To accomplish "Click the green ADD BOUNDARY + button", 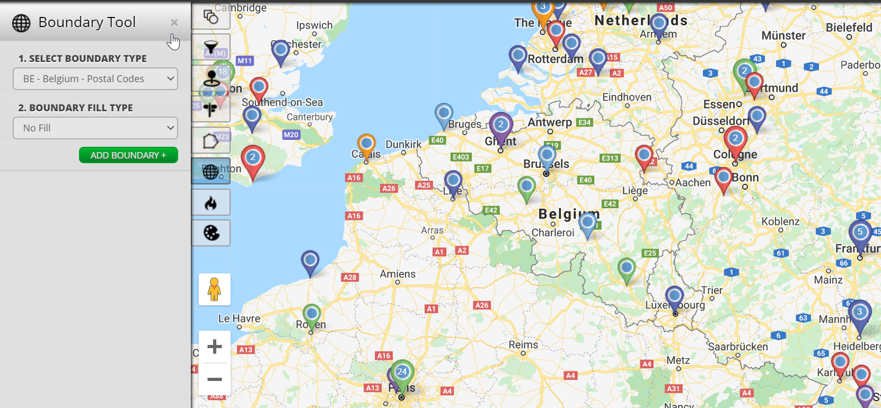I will pos(128,155).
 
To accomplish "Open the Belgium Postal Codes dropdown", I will pos(95,79).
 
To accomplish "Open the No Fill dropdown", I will pos(95,128).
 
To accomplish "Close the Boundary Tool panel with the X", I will pos(174,22).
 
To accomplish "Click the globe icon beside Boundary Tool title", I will pos(21,23).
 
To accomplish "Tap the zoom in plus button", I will pos(214,347).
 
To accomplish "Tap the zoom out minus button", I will pos(214,379).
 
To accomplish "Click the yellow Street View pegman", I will pos(214,289).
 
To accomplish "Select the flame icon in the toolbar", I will pos(211,202).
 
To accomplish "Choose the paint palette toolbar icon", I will pos(211,233).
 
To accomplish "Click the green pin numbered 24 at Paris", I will pos(402,373).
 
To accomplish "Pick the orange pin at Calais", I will pos(366,145).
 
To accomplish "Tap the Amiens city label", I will pos(398,274).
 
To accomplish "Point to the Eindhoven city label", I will pos(627,97).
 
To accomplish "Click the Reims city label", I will pos(523,344).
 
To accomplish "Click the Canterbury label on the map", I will pos(310,117).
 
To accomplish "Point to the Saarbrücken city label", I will pos(738,347).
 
